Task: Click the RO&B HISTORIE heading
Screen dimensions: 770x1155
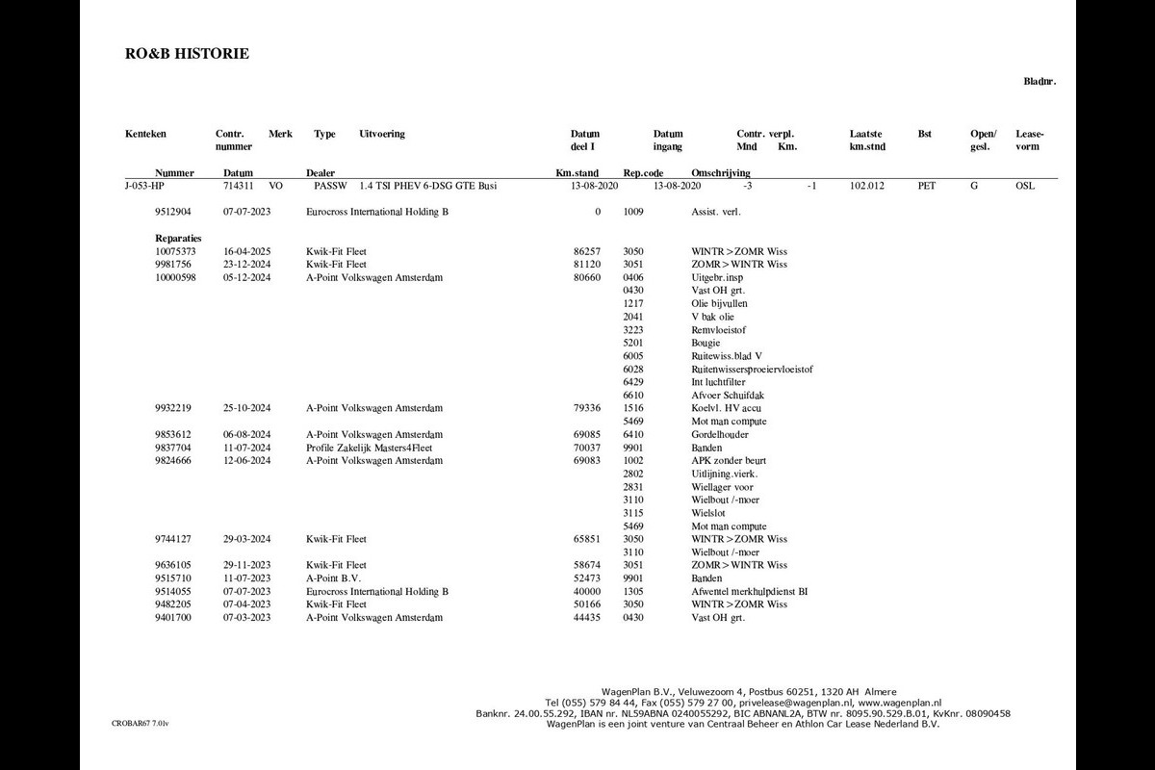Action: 187,54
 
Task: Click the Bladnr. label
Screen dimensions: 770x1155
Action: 1039,82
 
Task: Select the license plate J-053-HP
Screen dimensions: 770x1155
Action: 144,186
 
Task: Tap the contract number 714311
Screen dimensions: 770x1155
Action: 238,186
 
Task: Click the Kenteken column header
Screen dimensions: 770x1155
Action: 145,134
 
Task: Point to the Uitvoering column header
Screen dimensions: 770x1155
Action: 381,134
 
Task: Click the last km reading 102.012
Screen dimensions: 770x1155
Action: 867,186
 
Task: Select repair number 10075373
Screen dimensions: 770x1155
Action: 175,251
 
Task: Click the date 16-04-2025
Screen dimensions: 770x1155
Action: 247,251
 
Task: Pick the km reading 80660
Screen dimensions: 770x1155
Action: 586,277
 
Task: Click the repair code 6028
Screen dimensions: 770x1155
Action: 633,369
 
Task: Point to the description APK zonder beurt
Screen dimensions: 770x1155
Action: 729,461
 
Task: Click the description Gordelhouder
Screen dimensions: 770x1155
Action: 720,435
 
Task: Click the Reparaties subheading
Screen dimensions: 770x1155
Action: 178,238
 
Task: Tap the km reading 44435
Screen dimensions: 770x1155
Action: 586,618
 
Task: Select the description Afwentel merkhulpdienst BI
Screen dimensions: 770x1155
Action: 750,592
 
